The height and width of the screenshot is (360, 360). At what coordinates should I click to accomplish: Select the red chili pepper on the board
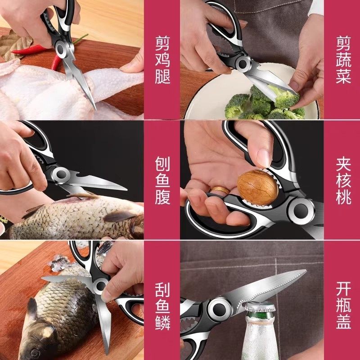click(34, 49)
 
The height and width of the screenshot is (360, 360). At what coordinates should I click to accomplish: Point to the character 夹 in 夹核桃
click(342, 163)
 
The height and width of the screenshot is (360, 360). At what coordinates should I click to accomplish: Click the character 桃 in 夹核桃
click(342, 197)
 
